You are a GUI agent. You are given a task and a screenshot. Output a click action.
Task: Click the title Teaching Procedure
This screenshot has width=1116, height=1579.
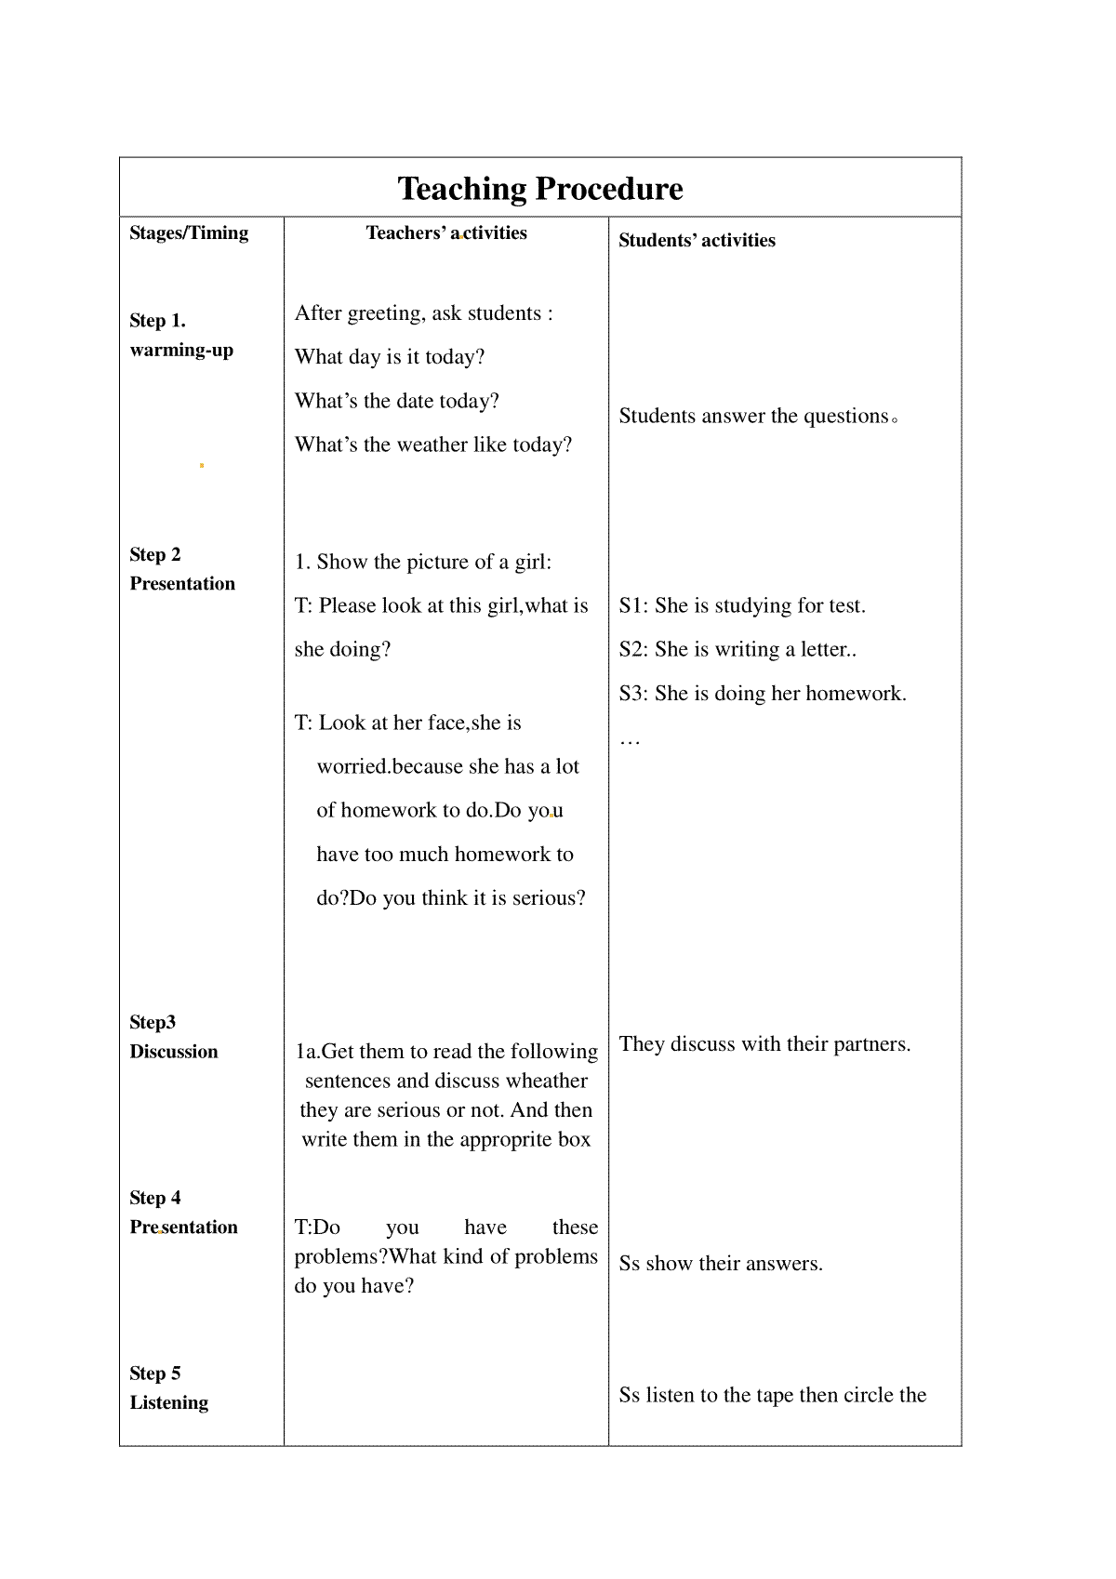540,189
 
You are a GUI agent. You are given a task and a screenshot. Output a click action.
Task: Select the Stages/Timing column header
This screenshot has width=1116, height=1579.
189,233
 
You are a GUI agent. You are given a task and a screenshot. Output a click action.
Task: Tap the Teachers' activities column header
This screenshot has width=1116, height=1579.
446,233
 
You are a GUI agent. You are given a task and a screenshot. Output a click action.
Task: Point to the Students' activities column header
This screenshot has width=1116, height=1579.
697,241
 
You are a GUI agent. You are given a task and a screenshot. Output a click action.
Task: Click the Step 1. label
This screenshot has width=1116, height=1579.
158,321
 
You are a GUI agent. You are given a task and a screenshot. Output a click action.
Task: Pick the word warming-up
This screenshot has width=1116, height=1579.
181,351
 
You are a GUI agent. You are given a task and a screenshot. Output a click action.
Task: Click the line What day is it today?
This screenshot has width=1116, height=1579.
390,357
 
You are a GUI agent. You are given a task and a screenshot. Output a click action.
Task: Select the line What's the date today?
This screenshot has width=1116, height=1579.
397,401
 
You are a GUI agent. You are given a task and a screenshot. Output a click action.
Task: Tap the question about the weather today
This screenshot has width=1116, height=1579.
433,445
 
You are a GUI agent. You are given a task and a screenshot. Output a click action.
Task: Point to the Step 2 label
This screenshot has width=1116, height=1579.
155,555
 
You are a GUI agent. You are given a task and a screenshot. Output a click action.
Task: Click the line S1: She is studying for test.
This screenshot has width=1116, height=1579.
742,605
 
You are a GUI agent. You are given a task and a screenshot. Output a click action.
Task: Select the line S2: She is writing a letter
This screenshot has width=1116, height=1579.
737,649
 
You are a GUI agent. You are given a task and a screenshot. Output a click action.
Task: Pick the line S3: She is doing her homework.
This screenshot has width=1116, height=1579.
763,693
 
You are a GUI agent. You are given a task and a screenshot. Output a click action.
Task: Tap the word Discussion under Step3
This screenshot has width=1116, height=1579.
174,1052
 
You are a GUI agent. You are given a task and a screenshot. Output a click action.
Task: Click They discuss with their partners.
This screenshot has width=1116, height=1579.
764,1043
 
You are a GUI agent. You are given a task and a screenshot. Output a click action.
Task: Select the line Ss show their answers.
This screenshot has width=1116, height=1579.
721,1263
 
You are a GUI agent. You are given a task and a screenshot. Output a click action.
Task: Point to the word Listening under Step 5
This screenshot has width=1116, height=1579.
169,1403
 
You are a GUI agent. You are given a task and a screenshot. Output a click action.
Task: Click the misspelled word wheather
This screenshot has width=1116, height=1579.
545,1081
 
